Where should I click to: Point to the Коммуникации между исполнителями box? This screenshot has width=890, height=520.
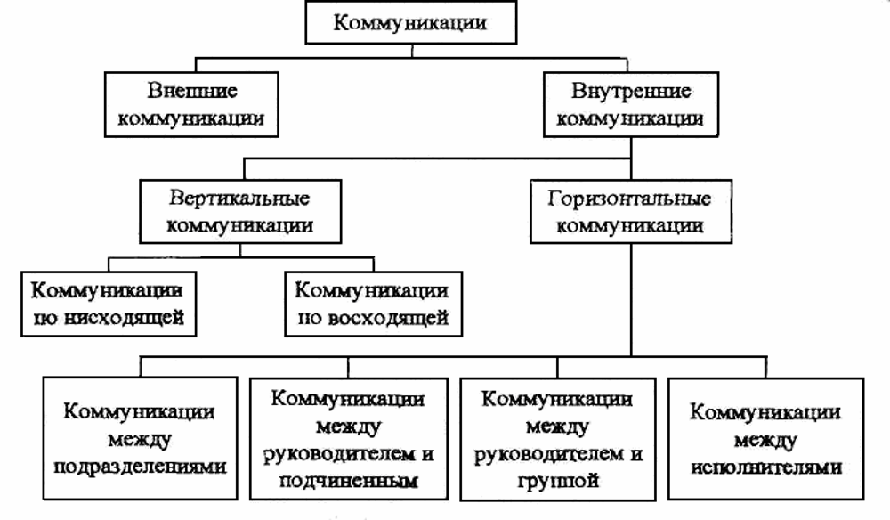765,438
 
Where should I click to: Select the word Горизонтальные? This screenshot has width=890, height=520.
629,198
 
